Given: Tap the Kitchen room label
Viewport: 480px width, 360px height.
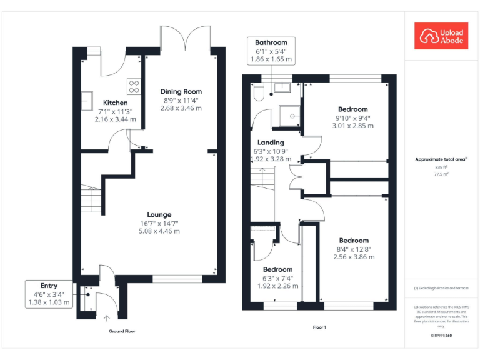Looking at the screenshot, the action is [x=115, y=102].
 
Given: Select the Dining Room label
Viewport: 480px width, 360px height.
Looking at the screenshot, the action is [x=181, y=91].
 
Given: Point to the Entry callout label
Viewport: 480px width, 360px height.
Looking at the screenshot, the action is [x=49, y=286].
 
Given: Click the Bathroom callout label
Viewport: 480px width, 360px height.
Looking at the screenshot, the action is [x=271, y=42].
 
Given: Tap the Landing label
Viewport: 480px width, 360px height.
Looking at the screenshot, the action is [x=271, y=142].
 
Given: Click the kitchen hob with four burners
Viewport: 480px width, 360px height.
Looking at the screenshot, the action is [x=134, y=86].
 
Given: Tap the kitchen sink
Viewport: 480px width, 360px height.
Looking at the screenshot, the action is [x=89, y=102].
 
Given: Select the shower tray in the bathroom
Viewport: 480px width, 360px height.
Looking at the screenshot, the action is [x=289, y=116].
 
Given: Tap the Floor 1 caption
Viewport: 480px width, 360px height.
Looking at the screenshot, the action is [x=319, y=327].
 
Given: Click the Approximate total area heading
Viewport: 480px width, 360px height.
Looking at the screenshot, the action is [x=441, y=159].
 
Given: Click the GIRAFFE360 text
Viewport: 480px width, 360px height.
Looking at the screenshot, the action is [x=441, y=336].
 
